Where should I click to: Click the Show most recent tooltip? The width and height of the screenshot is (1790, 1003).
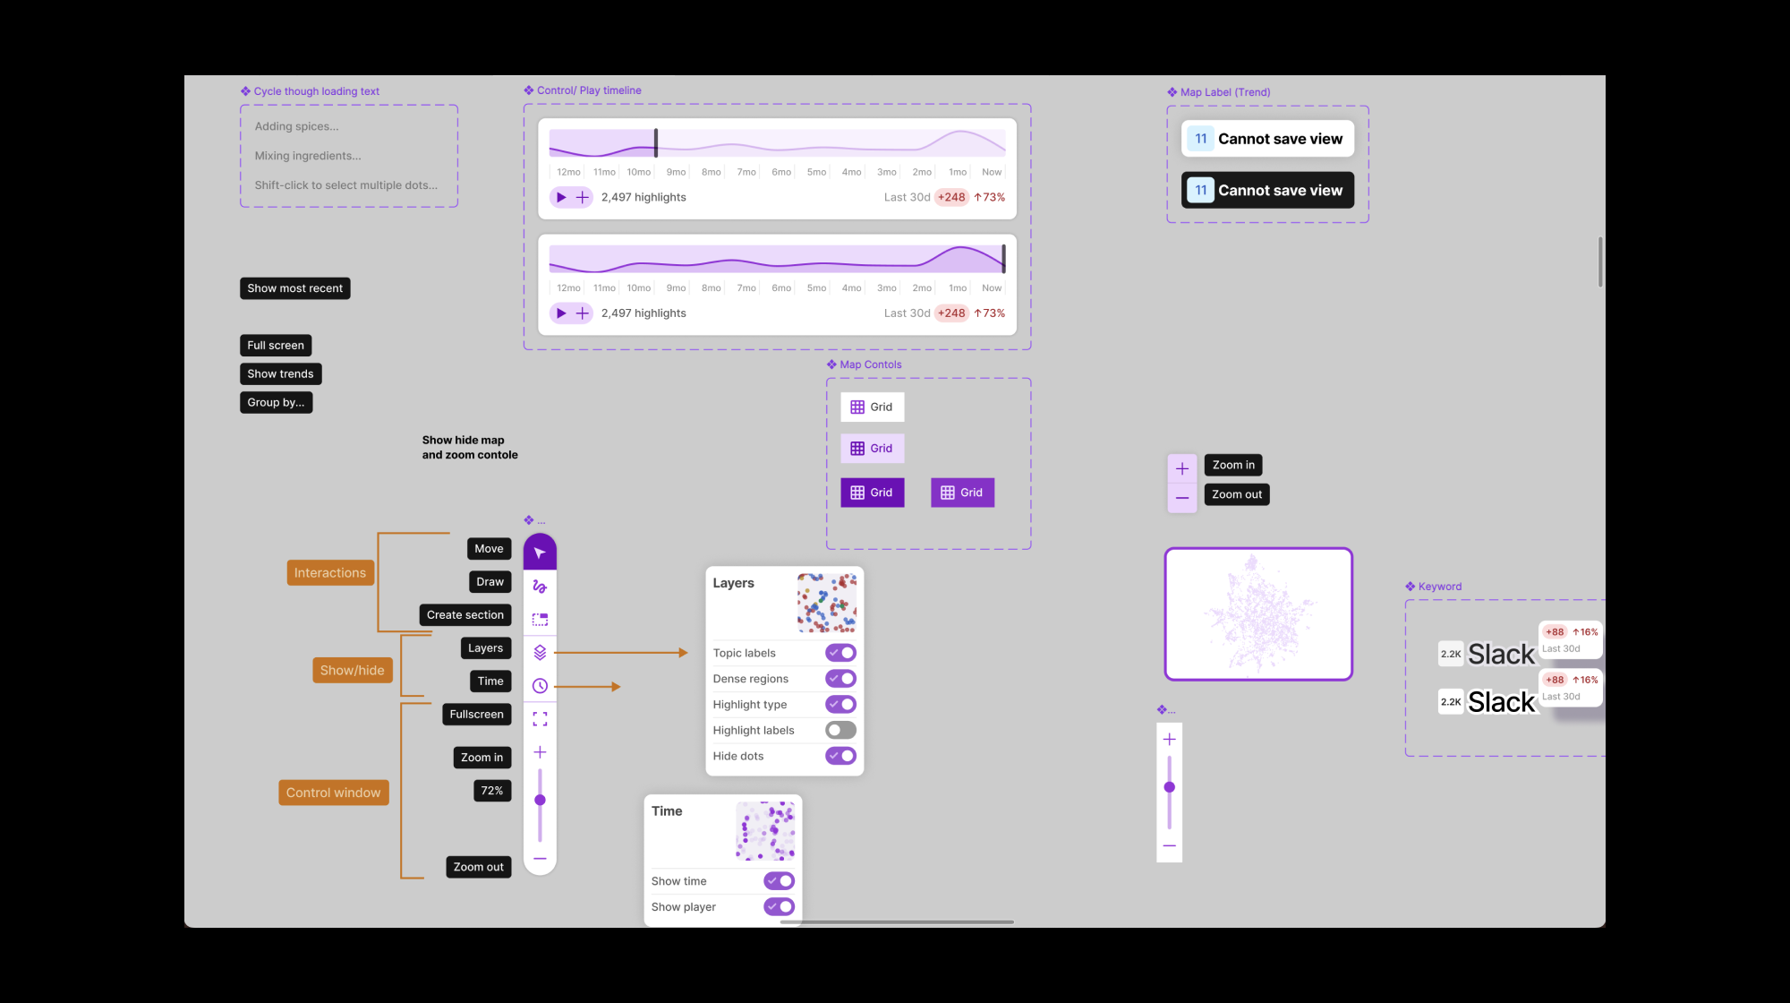point(294,288)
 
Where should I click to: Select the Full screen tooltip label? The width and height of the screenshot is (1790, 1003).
point(276,346)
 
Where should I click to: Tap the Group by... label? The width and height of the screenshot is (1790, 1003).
point(276,403)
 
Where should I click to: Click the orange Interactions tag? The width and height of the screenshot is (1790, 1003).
point(329,573)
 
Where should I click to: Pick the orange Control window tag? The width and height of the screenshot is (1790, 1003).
point(333,793)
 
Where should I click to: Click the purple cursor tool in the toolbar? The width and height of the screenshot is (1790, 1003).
point(540,553)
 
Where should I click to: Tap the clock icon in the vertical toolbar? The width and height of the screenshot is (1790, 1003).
point(540,686)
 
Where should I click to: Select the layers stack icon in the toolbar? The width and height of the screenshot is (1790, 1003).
point(540,653)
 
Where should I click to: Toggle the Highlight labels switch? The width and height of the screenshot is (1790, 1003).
point(840,731)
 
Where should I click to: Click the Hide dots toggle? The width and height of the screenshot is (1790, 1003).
point(840,757)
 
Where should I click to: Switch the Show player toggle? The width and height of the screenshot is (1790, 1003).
point(779,907)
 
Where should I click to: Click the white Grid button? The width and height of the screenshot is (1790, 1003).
point(872,407)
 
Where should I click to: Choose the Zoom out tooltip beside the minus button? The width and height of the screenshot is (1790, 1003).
point(1236,494)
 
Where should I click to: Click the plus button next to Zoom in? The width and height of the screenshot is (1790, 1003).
point(1182,468)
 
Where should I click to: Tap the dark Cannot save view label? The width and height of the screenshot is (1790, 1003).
point(1267,191)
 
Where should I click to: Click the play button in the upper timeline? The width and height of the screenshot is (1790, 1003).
point(561,197)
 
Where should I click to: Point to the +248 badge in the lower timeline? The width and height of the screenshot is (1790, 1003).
point(951,313)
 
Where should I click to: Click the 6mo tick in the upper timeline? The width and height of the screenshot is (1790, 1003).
point(781,172)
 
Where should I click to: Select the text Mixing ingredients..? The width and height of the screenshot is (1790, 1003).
point(308,156)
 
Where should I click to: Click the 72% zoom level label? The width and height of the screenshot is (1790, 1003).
point(492,791)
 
